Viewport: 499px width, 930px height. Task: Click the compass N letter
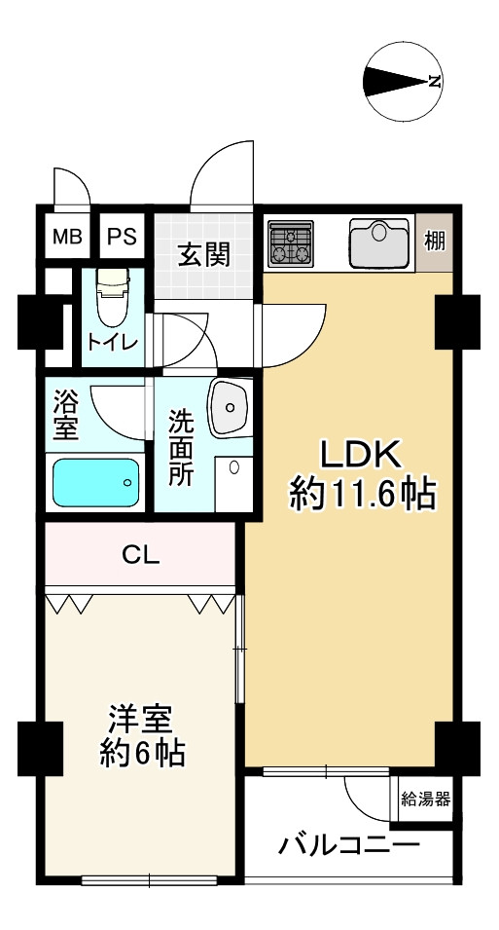435,82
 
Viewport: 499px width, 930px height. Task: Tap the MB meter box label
67,238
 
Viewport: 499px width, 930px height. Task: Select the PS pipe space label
123,238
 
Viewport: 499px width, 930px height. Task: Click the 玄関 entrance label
205,256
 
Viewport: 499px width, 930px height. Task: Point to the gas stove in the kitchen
291,243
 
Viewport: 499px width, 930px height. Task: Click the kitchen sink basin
379,243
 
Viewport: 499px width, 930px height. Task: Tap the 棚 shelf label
435,242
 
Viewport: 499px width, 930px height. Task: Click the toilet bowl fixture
113,297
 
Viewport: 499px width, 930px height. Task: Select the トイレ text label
113,342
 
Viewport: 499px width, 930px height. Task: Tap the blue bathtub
96,482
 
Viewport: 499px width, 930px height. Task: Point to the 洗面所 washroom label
180,448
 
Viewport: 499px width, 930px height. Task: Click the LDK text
362,456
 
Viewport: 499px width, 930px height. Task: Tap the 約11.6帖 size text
363,495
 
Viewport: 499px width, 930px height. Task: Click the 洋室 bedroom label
140,720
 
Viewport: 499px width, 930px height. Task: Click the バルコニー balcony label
349,844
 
